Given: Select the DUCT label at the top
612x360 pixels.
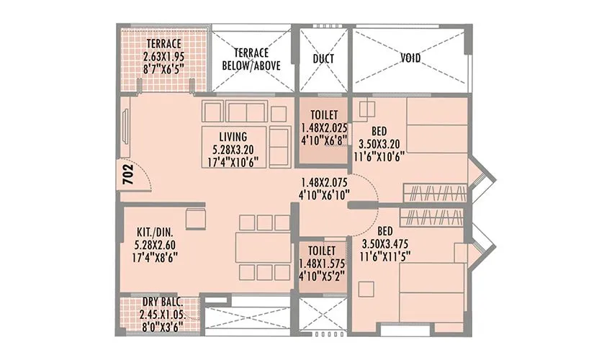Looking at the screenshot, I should pyautogui.click(x=321, y=58).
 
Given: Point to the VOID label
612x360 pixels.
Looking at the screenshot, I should pyautogui.click(x=411, y=58).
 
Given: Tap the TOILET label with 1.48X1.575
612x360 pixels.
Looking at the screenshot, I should pyautogui.click(x=321, y=250).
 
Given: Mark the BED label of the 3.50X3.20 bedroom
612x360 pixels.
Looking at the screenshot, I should pyautogui.click(x=379, y=130).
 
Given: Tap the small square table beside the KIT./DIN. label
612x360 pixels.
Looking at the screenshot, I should pyautogui.click(x=195, y=218).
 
